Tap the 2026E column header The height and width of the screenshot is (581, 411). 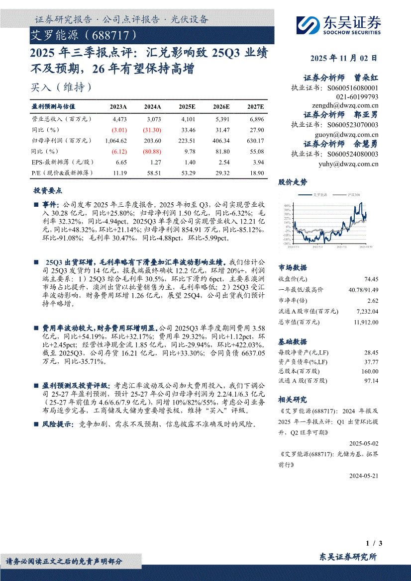(x=221, y=107)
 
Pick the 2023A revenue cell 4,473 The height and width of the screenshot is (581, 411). (x=120, y=120)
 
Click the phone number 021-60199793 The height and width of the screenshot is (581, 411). (x=357, y=96)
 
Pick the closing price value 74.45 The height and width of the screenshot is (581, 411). (x=371, y=280)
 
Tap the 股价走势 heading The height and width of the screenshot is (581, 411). (x=293, y=182)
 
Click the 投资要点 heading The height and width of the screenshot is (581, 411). (x=47, y=190)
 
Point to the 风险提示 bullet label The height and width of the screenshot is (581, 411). (x=55, y=424)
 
